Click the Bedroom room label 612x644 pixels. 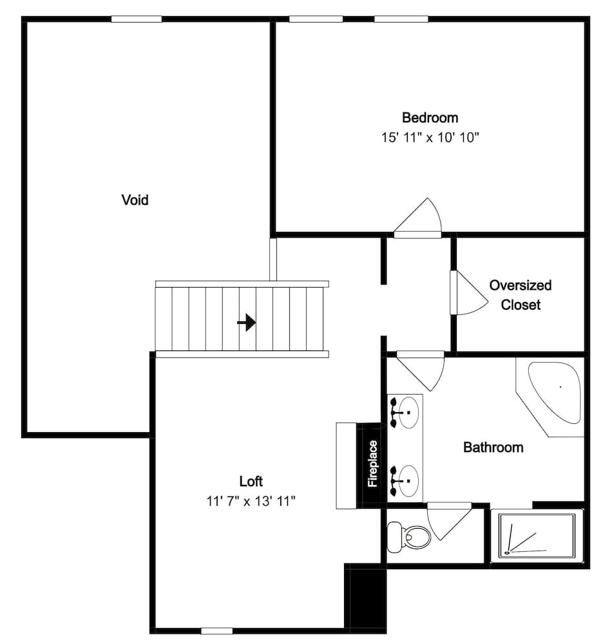[x=430, y=118]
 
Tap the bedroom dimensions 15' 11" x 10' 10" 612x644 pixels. [x=430, y=138]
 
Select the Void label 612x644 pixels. [x=135, y=200]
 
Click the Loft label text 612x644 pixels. [x=251, y=481]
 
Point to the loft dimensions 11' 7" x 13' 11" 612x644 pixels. [x=251, y=501]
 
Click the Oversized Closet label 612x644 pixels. [x=521, y=295]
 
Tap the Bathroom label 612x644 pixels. [x=493, y=447]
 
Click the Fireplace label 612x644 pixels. [x=372, y=464]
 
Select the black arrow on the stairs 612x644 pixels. [x=247, y=322]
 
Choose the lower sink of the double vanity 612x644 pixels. [x=406, y=480]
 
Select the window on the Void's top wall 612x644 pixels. [x=136, y=19]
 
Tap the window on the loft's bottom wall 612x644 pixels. [x=216, y=630]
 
